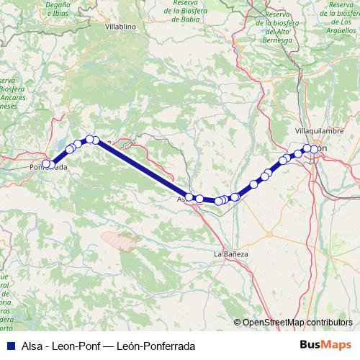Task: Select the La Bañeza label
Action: click(x=231, y=254)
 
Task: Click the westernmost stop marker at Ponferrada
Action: click(x=46, y=164)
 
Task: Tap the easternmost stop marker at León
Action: click(x=314, y=150)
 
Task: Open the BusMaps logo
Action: click(x=325, y=346)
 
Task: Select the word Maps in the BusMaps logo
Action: click(x=336, y=346)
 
